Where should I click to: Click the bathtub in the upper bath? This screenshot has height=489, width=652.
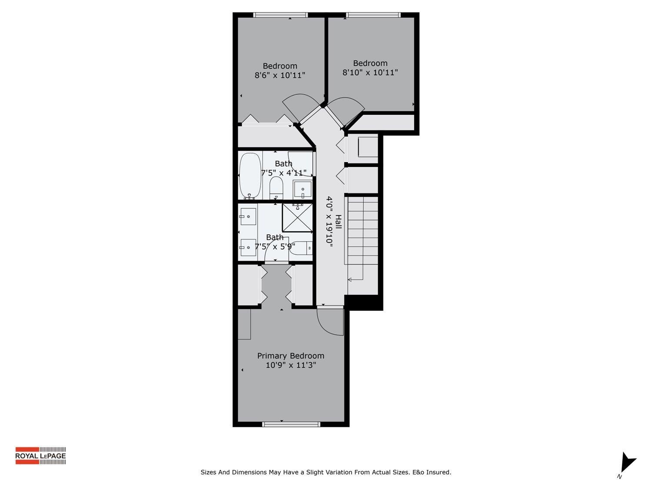(x=250, y=176)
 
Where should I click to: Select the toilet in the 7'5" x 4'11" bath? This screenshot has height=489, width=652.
(x=276, y=187)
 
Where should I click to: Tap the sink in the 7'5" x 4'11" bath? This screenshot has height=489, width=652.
(x=303, y=189)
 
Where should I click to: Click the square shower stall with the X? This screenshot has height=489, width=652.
(x=297, y=218)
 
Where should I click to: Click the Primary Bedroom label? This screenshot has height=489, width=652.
(x=290, y=356)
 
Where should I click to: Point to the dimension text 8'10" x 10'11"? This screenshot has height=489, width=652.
(x=370, y=73)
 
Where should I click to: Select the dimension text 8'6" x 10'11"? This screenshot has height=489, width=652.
(x=279, y=75)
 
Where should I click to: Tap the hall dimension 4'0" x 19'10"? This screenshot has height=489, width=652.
(x=329, y=222)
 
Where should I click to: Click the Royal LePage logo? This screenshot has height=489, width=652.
(x=40, y=456)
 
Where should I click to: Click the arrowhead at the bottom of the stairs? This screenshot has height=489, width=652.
(x=350, y=279)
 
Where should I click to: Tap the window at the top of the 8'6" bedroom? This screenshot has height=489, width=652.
(x=280, y=15)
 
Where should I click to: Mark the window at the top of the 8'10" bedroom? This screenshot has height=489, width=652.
(x=373, y=15)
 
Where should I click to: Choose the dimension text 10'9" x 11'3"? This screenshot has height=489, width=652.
(x=290, y=365)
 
